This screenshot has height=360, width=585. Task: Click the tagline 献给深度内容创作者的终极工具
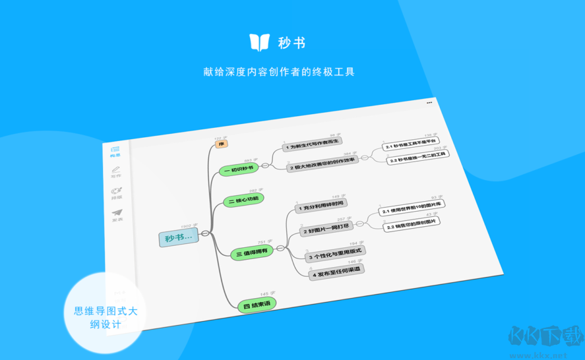click(x=279, y=71)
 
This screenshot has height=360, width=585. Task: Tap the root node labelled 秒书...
click(x=178, y=237)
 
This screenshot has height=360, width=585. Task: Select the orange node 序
click(x=222, y=144)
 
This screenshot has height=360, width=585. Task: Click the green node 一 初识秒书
click(x=239, y=169)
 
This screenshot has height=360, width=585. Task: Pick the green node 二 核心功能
click(x=243, y=200)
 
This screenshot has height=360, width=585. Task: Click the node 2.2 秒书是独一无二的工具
click(x=417, y=157)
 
